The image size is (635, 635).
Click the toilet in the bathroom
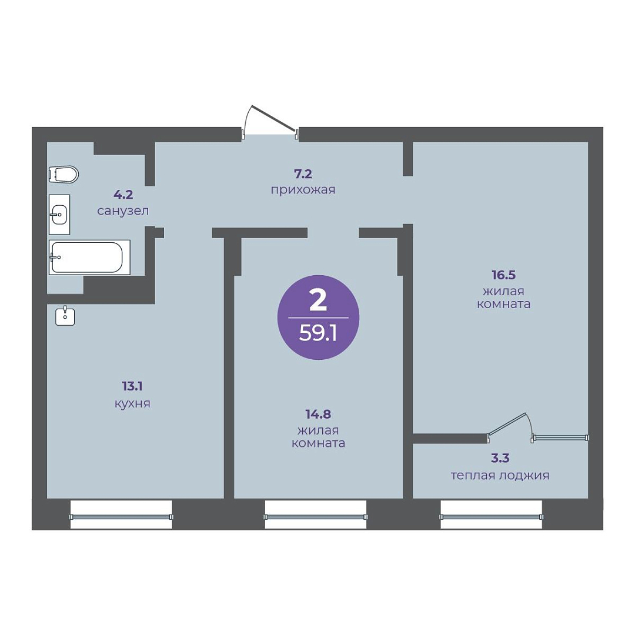pos(63,175)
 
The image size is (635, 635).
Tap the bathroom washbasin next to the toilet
pos(59,214)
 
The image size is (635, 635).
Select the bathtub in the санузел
pos(89,258)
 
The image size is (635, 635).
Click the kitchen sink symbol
pos(65,316)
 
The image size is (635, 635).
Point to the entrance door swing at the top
pos(269,121)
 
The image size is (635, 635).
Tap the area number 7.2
pos(303,174)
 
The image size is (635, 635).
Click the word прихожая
pos(303,190)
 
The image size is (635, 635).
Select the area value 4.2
pos(123,195)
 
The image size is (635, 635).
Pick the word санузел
pos(123,210)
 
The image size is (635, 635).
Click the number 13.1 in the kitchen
pos(132,386)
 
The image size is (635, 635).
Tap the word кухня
pos(132,404)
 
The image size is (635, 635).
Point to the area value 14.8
pos(318,415)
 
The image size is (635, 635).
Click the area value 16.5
pos(504,275)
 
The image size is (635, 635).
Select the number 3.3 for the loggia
pos(500,459)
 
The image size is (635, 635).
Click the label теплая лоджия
pos(500,476)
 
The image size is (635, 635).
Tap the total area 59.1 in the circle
pos(318,335)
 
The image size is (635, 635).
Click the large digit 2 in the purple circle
pos(318,300)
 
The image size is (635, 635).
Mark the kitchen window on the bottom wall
pos(121,514)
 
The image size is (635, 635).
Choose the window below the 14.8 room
pos(316,514)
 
